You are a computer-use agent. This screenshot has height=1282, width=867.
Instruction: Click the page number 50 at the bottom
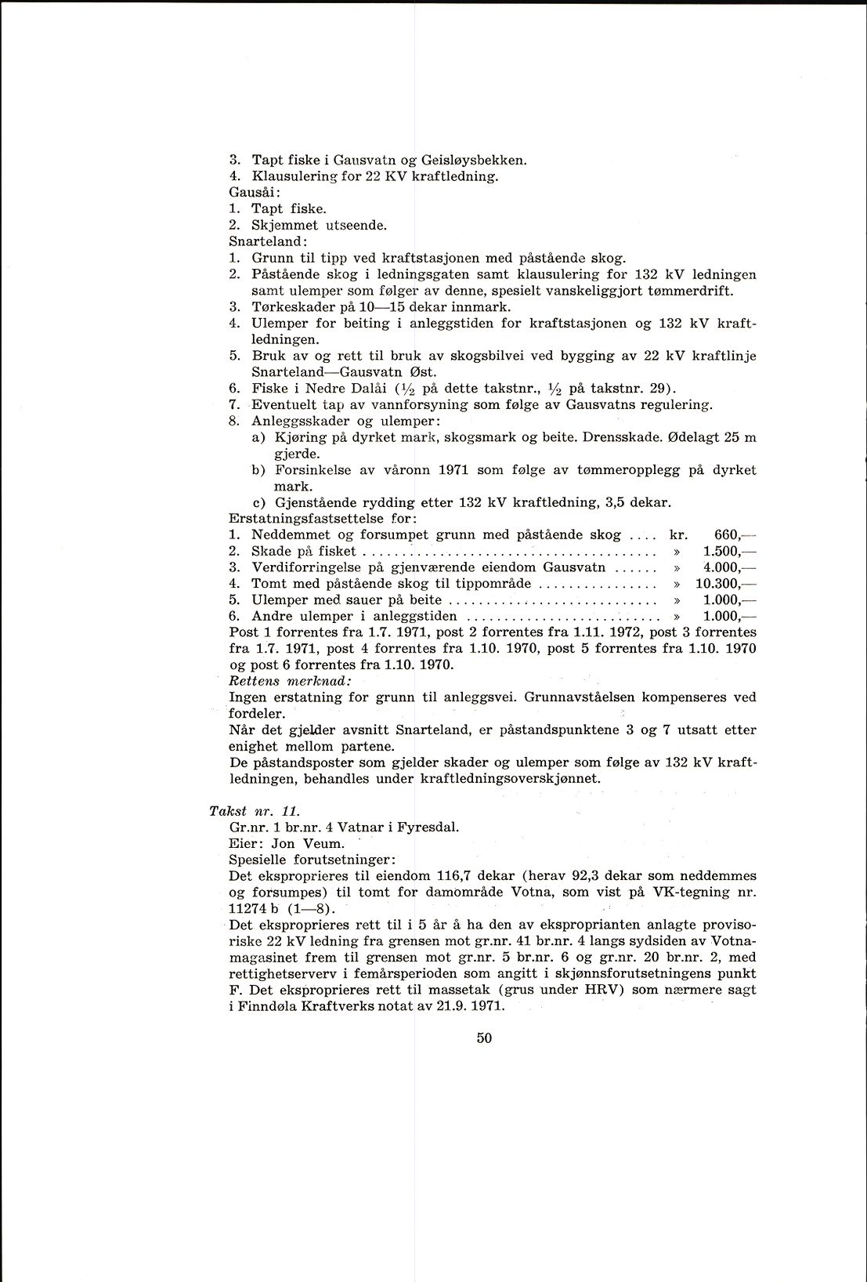483,1038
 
